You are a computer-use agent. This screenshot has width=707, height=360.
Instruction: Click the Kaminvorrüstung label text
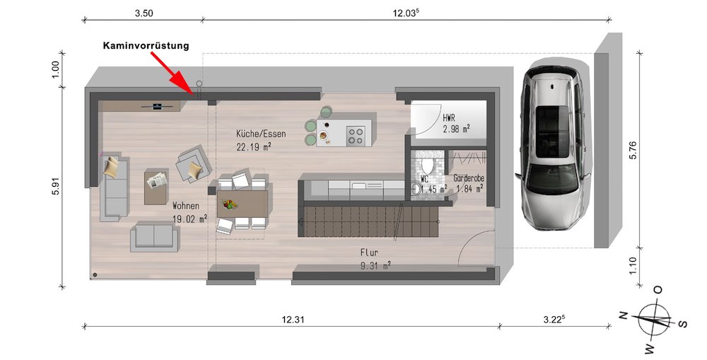point(146,45)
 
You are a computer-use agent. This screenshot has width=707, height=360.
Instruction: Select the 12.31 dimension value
point(293,320)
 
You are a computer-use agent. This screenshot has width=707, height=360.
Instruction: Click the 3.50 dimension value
point(144,13)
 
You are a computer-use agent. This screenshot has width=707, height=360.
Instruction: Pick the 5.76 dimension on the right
point(633,150)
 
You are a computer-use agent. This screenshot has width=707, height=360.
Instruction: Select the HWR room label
point(449,118)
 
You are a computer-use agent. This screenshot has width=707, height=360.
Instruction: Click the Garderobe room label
point(469,178)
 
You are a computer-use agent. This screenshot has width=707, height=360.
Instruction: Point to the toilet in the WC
point(426,166)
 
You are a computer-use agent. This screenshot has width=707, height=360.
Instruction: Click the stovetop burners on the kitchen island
point(356,136)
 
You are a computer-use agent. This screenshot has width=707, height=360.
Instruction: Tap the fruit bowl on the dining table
point(230,204)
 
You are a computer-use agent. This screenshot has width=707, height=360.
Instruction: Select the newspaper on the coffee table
point(157,180)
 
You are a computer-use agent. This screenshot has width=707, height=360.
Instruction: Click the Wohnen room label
point(186,206)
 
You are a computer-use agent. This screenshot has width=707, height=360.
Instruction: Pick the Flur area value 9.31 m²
point(375,266)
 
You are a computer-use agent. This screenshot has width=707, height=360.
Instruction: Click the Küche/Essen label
point(261,134)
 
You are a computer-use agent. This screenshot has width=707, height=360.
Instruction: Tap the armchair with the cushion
point(194,165)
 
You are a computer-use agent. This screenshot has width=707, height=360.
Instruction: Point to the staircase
point(369,221)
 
